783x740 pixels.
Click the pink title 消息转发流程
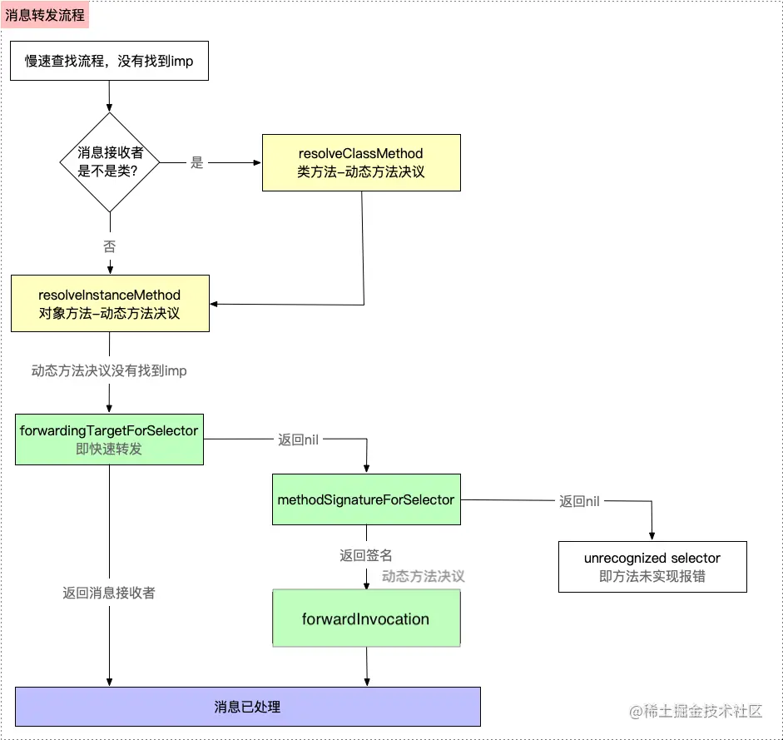45,15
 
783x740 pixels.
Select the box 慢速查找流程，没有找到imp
109,62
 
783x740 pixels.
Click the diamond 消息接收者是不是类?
110,162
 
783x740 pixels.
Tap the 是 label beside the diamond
196,163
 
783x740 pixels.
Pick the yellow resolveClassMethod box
361,163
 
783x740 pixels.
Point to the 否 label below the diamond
110,247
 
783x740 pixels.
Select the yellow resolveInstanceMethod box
110,304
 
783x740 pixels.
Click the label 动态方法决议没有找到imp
109,371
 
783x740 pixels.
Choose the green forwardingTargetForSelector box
109,439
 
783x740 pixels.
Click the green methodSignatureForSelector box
366,499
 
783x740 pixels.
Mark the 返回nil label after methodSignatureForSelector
579,501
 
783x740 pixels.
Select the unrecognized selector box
652,567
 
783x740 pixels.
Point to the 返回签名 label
366,555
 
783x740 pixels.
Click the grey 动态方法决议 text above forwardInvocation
423,576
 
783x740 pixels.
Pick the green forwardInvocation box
366,619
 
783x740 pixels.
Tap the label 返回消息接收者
109,593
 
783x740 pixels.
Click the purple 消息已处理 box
248,707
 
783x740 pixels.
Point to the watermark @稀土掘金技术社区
696,711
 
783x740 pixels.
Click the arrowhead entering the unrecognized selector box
652,537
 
